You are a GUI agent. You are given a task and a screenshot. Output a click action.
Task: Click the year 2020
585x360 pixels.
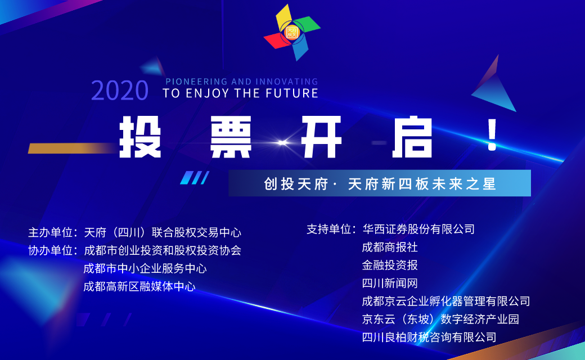coord(120,90)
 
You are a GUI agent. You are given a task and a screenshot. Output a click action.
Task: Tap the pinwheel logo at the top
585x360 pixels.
coord(292,33)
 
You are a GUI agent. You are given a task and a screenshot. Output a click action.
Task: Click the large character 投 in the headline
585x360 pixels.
coord(140,137)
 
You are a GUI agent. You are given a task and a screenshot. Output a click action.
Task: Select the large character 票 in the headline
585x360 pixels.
coord(231,137)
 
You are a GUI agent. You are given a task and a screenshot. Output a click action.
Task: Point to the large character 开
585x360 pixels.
coord(322,137)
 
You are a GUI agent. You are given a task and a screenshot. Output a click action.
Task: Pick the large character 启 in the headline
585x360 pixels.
coord(412,137)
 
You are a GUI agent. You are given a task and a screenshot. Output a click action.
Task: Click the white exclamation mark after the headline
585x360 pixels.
coord(493,134)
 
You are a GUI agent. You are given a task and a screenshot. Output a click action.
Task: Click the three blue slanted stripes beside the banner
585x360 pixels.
coord(195,178)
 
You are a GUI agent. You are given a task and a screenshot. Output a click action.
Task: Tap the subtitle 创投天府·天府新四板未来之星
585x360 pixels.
coord(380,183)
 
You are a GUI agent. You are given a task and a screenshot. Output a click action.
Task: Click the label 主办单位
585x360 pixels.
coord(51,232)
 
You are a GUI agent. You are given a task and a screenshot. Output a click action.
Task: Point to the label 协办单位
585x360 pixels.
coord(51,250)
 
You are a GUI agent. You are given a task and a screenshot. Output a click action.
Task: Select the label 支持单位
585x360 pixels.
coord(328,229)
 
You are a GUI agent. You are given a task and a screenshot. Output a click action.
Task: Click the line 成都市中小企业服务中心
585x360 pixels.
coord(145,268)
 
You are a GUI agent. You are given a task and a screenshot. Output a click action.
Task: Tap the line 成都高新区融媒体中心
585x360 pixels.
coord(139,286)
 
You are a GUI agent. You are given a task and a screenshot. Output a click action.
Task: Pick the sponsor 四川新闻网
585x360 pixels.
coord(390,283)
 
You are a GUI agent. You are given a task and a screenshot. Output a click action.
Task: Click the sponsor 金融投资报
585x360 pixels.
coord(390,265)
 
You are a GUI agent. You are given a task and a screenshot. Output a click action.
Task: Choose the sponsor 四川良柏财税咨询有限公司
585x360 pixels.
coord(429,337)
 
